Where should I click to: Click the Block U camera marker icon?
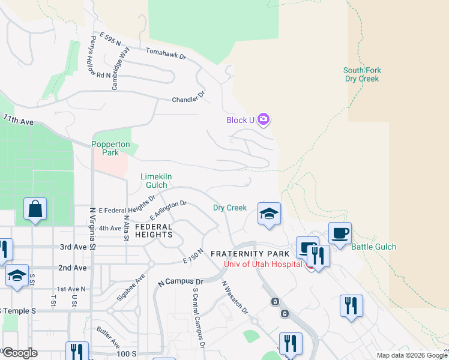click(x=264, y=119)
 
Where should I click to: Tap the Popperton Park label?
click(x=106, y=148)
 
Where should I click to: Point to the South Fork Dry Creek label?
click(x=363, y=74)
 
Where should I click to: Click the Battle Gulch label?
click(x=373, y=247)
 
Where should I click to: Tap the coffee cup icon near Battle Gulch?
click(x=340, y=232)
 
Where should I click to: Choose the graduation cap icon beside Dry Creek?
click(x=269, y=214)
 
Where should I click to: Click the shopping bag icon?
click(x=35, y=209)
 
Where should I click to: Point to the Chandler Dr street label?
click(x=188, y=97)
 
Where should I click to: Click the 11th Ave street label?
click(x=19, y=120)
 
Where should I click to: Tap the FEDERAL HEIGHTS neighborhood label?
click(x=154, y=230)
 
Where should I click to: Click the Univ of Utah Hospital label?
click(x=264, y=264)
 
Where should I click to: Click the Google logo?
click(x=20, y=352)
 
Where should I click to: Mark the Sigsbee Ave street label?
click(x=131, y=289)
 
